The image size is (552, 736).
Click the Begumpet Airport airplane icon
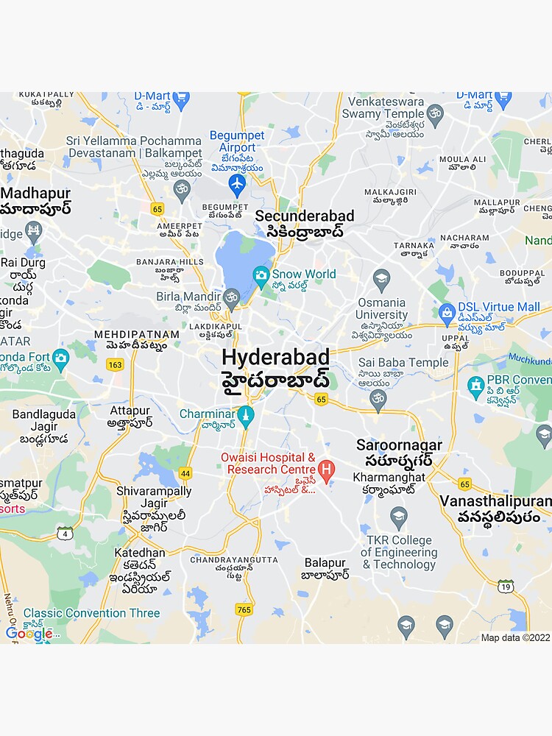coord(236,184)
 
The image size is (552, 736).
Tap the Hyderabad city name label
coord(275,358)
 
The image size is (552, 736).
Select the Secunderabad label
coord(304,216)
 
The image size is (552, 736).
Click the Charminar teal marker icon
coord(247,415)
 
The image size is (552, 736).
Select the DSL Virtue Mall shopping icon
coord(446,312)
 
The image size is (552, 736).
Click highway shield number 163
coord(115,364)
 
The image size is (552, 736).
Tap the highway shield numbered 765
coord(244,609)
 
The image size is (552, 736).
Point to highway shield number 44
coord(185,473)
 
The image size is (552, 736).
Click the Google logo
coord(29,634)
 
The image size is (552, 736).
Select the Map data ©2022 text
coord(515,638)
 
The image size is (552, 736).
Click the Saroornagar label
coord(399,445)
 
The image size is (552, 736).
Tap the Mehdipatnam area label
coord(137,335)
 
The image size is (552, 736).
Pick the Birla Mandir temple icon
coord(232,297)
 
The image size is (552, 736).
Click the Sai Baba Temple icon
coord(378,399)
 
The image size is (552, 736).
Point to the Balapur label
coord(325,562)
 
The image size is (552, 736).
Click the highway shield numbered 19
coord(505,586)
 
